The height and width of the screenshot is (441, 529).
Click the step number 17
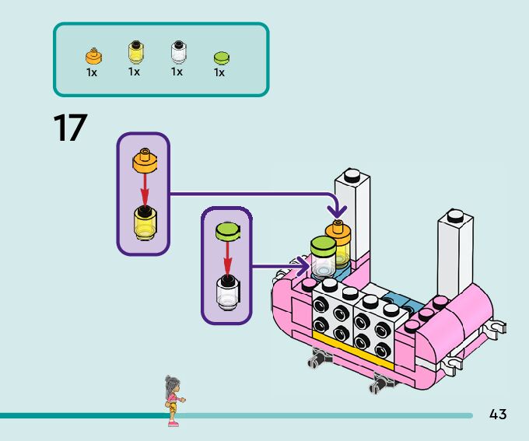click(69, 128)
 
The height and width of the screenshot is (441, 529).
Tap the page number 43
click(498, 415)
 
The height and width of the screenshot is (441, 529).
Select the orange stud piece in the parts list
click(93, 56)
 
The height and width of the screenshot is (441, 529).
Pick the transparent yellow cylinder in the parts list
click(135, 52)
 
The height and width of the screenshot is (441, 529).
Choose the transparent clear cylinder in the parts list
click(177, 52)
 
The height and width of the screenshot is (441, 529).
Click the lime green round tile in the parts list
click(220, 58)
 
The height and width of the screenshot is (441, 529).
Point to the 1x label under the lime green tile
click(219, 73)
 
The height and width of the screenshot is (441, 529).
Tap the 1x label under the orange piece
click(92, 72)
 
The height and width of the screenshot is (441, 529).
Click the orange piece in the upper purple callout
click(143, 161)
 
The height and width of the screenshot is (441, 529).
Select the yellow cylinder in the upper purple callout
click(144, 222)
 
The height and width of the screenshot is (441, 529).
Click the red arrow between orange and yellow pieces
click(143, 191)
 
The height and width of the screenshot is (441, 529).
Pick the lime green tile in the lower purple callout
click(228, 231)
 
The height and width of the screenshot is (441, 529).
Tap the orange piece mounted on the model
click(338, 230)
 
